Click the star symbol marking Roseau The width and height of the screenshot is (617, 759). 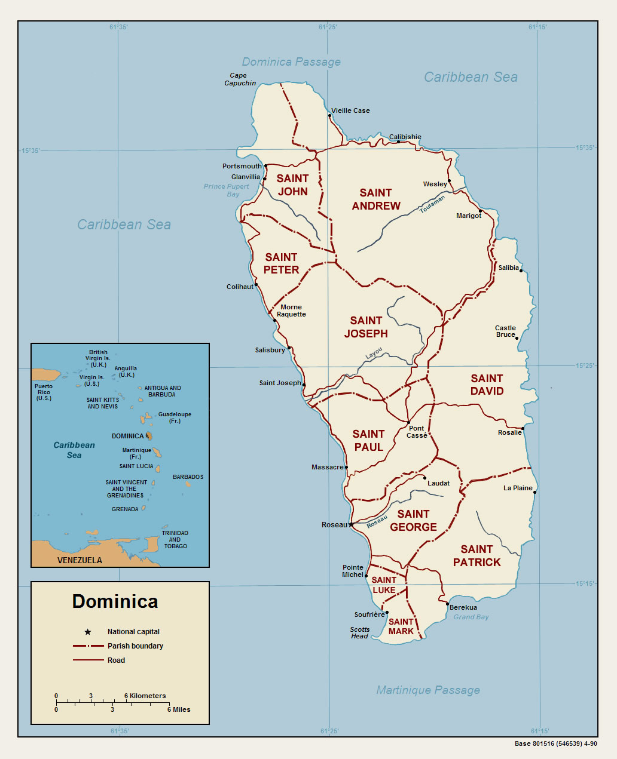351,525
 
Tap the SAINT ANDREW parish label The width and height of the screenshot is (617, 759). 375,199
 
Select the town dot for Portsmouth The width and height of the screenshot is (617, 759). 265,167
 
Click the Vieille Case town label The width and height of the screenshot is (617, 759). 350,110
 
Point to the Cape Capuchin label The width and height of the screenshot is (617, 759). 240,79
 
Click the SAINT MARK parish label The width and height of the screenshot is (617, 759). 401,626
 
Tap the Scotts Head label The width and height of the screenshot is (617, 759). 359,633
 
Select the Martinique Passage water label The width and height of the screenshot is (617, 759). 427,690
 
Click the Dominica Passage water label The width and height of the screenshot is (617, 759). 291,62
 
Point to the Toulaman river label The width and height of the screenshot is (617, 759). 432,204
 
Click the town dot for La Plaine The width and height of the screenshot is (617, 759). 535,492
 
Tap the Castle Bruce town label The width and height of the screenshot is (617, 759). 505,331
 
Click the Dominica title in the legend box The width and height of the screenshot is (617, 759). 115,601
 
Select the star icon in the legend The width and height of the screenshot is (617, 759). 88,632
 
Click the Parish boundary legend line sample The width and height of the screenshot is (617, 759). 88,646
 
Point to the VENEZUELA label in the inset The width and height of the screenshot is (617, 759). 80,560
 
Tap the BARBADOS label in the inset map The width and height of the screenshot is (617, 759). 188,477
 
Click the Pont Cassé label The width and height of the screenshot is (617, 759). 417,432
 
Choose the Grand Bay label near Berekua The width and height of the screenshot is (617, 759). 471,617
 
